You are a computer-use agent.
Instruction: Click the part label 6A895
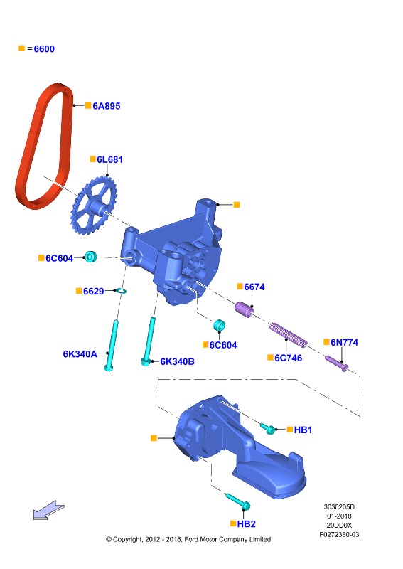coord(107,106)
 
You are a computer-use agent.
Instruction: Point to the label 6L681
coord(109,159)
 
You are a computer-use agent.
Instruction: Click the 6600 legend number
coord(44,49)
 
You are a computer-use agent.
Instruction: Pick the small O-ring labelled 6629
coord(120,291)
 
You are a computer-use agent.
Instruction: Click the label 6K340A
coord(80,353)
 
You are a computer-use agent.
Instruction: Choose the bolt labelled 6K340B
coord(149,341)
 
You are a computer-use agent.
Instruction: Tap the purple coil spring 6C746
coord(288,334)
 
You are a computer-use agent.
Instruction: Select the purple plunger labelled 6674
coord(244,309)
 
